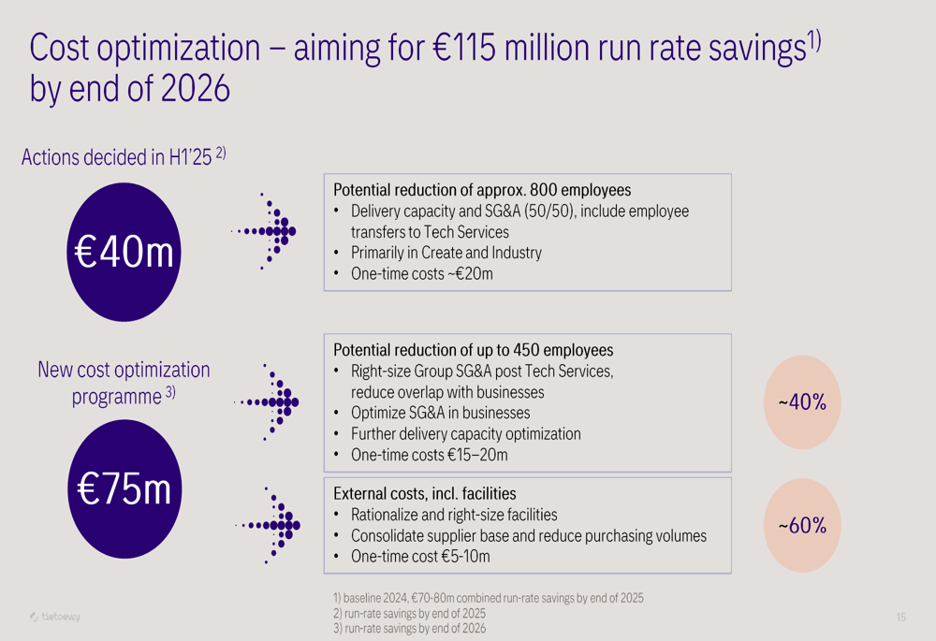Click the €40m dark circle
tap(124, 253)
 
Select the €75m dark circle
tap(124, 488)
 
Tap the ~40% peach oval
tap(802, 402)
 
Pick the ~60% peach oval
tap(802, 526)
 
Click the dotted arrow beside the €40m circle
tap(266, 230)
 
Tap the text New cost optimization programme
tap(124, 383)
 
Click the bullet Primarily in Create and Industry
tap(446, 253)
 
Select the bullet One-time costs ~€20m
tap(421, 274)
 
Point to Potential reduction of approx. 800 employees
tap(482, 190)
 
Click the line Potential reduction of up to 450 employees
tap(474, 350)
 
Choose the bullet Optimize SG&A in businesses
tap(440, 413)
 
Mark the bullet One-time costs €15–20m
tap(429, 456)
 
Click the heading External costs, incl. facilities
tap(425, 493)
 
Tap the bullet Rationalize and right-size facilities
tap(454, 515)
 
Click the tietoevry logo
tap(55, 617)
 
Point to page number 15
tap(900, 617)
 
